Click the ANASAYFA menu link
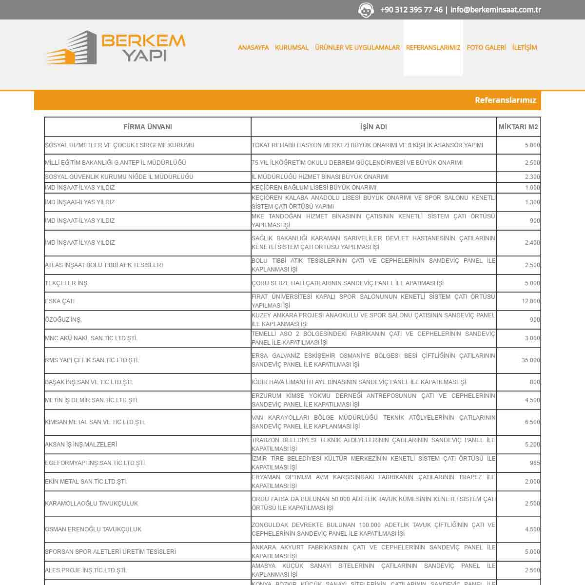(x=253, y=47)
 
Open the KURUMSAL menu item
(x=292, y=47)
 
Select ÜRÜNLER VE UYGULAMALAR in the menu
(x=357, y=47)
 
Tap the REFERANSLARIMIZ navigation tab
(x=433, y=47)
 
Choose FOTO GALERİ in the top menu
(x=486, y=47)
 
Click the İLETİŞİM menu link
(x=525, y=47)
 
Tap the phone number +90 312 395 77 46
(x=411, y=10)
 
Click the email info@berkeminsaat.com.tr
(x=495, y=10)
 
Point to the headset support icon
(x=366, y=10)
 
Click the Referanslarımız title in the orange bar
(x=505, y=100)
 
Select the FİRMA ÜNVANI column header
(x=147, y=127)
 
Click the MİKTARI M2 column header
(x=518, y=127)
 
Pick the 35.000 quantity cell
(x=530, y=360)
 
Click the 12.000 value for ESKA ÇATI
(x=530, y=301)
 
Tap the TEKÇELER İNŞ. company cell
(x=67, y=283)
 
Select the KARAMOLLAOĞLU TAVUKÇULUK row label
(x=92, y=504)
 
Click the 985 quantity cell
(x=534, y=463)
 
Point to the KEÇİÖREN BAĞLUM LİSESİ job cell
(x=314, y=188)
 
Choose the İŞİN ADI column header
(x=373, y=127)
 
